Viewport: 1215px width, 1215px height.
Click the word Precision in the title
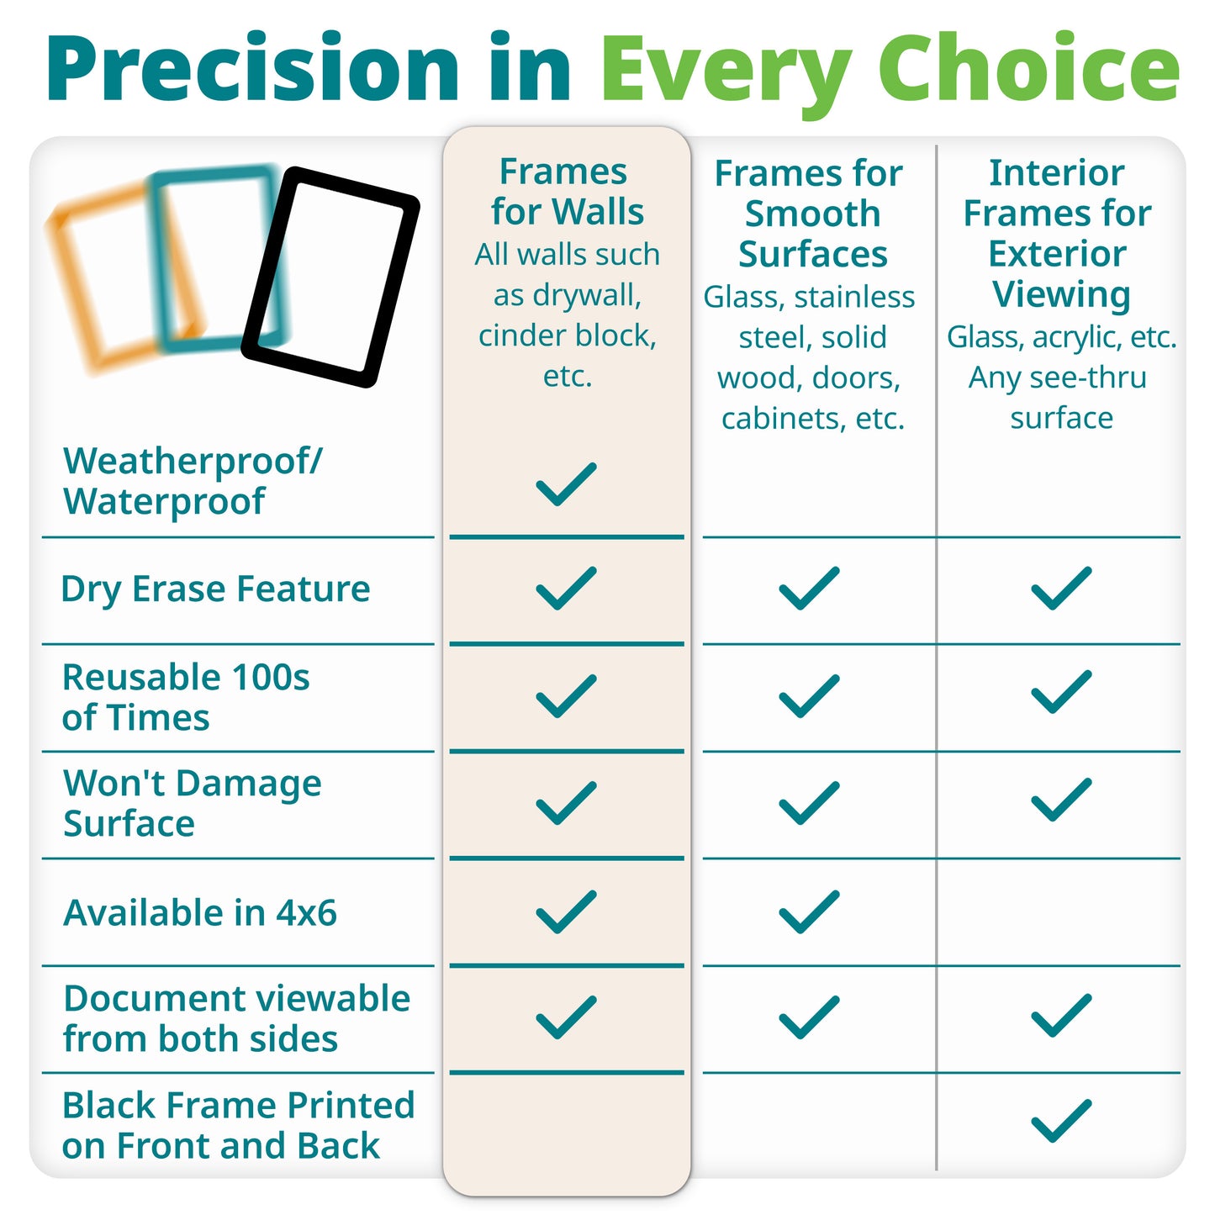tap(252, 69)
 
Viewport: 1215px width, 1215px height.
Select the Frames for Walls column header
tap(567, 192)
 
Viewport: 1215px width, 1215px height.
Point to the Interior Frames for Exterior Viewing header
tap(1058, 233)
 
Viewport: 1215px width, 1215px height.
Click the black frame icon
tap(330, 277)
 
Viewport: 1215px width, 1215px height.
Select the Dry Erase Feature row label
tap(215, 589)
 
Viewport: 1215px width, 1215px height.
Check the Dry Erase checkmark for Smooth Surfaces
tap(809, 588)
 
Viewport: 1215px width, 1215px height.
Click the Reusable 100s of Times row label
tap(185, 697)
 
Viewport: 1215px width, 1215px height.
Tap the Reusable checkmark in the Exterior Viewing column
tap(1061, 692)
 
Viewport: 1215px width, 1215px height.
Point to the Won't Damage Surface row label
tap(192, 803)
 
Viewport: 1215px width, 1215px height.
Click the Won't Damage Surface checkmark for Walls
tap(566, 802)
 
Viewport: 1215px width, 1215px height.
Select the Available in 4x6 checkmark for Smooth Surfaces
tap(809, 911)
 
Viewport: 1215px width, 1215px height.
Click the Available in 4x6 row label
tap(200, 912)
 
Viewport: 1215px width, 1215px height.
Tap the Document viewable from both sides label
tap(236, 1018)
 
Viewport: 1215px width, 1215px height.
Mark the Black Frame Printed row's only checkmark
tap(1061, 1120)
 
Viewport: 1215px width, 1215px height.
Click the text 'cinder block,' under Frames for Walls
tap(567, 335)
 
